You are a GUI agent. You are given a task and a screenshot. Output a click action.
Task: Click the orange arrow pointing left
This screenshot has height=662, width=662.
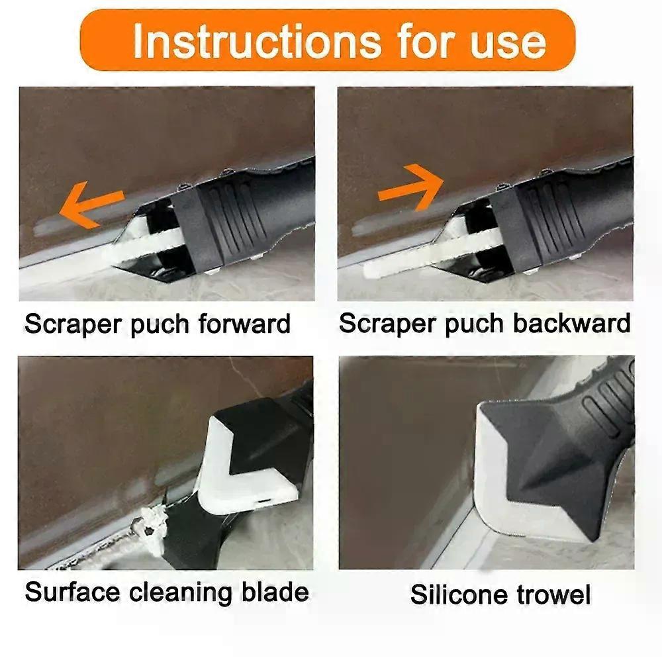click(91, 203)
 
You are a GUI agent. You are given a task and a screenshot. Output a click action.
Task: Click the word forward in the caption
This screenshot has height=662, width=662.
click(244, 324)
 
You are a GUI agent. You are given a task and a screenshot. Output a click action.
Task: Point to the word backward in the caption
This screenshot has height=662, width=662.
click(572, 324)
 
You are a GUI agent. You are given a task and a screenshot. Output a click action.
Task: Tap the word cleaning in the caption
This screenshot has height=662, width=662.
click(180, 594)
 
